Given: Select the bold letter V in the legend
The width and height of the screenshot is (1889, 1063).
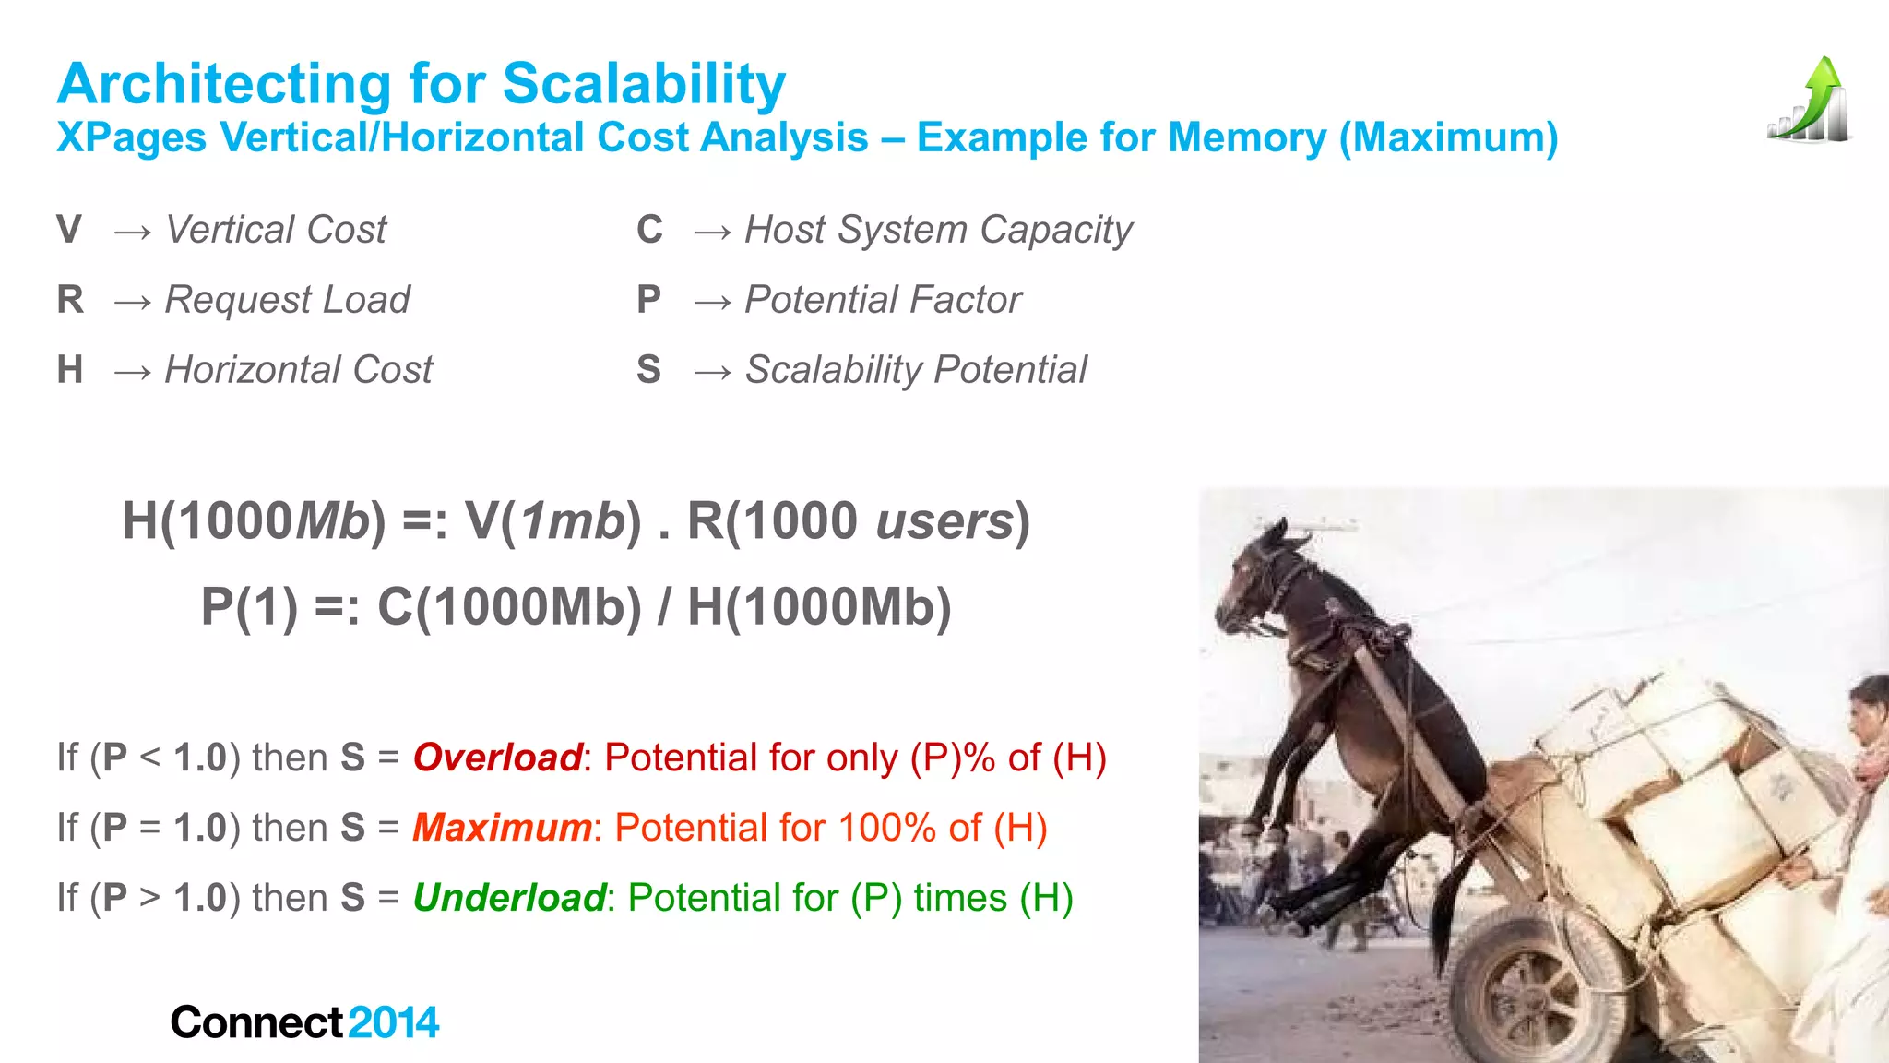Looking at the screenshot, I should click(69, 230).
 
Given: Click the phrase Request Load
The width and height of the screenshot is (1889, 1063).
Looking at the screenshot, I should click(287, 300).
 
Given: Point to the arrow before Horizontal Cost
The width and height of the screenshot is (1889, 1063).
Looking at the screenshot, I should click(133, 371).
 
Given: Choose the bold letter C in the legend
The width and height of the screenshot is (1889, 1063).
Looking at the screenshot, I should click(649, 230).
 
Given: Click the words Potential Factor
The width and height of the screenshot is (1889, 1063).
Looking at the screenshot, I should click(883, 300).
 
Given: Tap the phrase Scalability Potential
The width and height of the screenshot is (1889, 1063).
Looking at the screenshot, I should click(916, 370).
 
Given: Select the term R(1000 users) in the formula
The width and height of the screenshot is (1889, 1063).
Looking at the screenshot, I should click(858, 520).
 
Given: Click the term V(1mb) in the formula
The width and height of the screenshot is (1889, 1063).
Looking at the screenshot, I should click(552, 520).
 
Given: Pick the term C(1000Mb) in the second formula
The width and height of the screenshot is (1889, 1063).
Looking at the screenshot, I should click(509, 607).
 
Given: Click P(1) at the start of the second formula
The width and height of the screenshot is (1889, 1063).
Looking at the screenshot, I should click(249, 607).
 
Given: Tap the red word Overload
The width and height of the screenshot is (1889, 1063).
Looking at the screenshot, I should click(497, 758).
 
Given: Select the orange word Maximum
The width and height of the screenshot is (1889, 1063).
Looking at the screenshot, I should click(502, 828).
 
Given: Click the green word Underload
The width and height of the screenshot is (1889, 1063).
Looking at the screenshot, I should click(509, 898).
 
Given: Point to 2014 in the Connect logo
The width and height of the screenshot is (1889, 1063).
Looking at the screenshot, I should click(394, 1022).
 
